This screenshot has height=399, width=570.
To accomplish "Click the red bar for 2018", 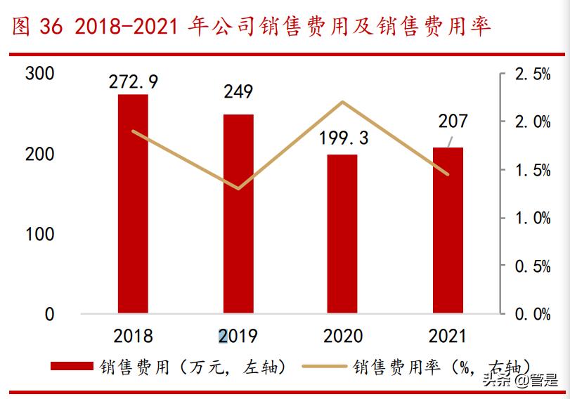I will pyautogui.click(x=133, y=204).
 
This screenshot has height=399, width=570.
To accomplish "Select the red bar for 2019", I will pyautogui.click(x=238, y=214).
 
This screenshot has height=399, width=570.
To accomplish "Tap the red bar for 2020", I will pyautogui.click(x=342, y=233).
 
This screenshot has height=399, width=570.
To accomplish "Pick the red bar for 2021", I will pyautogui.click(x=448, y=230).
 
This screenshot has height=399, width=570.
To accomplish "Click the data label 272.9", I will pyautogui.click(x=133, y=81).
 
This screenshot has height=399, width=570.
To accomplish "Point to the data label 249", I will pyautogui.click(x=238, y=91).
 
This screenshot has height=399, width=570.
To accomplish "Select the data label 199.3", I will pyautogui.click(x=343, y=138).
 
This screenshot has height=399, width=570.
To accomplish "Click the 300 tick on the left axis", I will pyautogui.click(x=39, y=74).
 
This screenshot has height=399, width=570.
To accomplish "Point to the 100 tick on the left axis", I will pyautogui.click(x=39, y=234).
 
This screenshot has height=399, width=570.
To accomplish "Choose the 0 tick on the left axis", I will pyautogui.click(x=49, y=315).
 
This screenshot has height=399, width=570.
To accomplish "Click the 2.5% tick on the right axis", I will pyautogui.click(x=532, y=74).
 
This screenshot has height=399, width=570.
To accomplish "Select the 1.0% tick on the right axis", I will pyautogui.click(x=532, y=218).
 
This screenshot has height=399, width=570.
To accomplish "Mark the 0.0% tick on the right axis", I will pyautogui.click(x=532, y=315).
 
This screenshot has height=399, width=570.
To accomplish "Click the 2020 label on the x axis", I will pyautogui.click(x=343, y=336).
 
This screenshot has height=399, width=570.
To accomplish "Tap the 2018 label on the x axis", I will pyautogui.click(x=133, y=336).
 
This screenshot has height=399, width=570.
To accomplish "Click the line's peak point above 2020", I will pyautogui.click(x=342, y=102).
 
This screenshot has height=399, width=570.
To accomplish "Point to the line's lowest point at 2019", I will pyautogui.click(x=238, y=188).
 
